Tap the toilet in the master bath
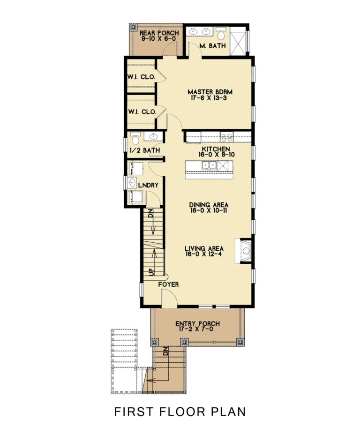tap(221, 34)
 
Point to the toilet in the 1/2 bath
tap(135, 139)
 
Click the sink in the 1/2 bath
tap(153, 137)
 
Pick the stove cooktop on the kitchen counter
tap(226, 137)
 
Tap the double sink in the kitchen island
tap(209, 165)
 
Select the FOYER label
tap(168, 284)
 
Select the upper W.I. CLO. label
tap(141, 77)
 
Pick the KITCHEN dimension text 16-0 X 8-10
tap(207, 153)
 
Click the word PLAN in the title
tap(227, 412)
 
